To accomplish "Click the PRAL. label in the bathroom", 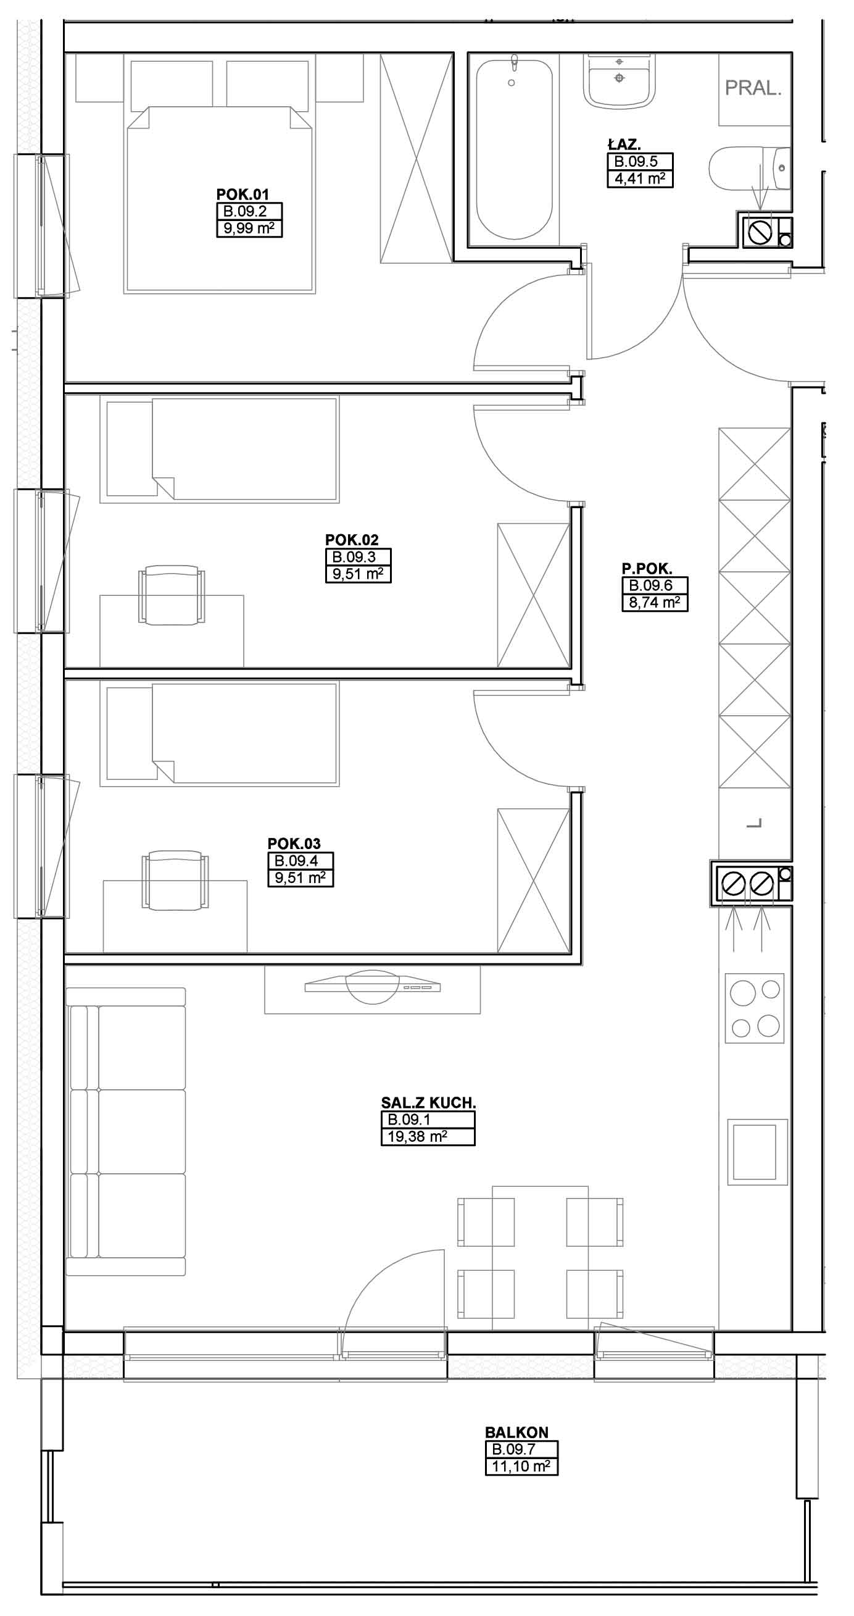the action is pyautogui.click(x=753, y=88).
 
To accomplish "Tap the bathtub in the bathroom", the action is pyautogui.click(x=513, y=149).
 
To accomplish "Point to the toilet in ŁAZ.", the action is pyautogui.click(x=750, y=167).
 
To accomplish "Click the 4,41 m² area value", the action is pyautogui.click(x=639, y=179).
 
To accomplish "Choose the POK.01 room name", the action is pyautogui.click(x=242, y=195).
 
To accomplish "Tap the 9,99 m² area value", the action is pyautogui.click(x=249, y=228).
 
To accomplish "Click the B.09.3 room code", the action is pyautogui.click(x=354, y=556).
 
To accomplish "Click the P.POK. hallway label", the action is pyautogui.click(x=647, y=569).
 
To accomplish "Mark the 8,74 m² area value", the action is pyautogui.click(x=655, y=603).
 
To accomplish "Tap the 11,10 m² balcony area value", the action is pyautogui.click(x=521, y=1466).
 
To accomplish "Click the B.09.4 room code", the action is pyautogui.click(x=296, y=861).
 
